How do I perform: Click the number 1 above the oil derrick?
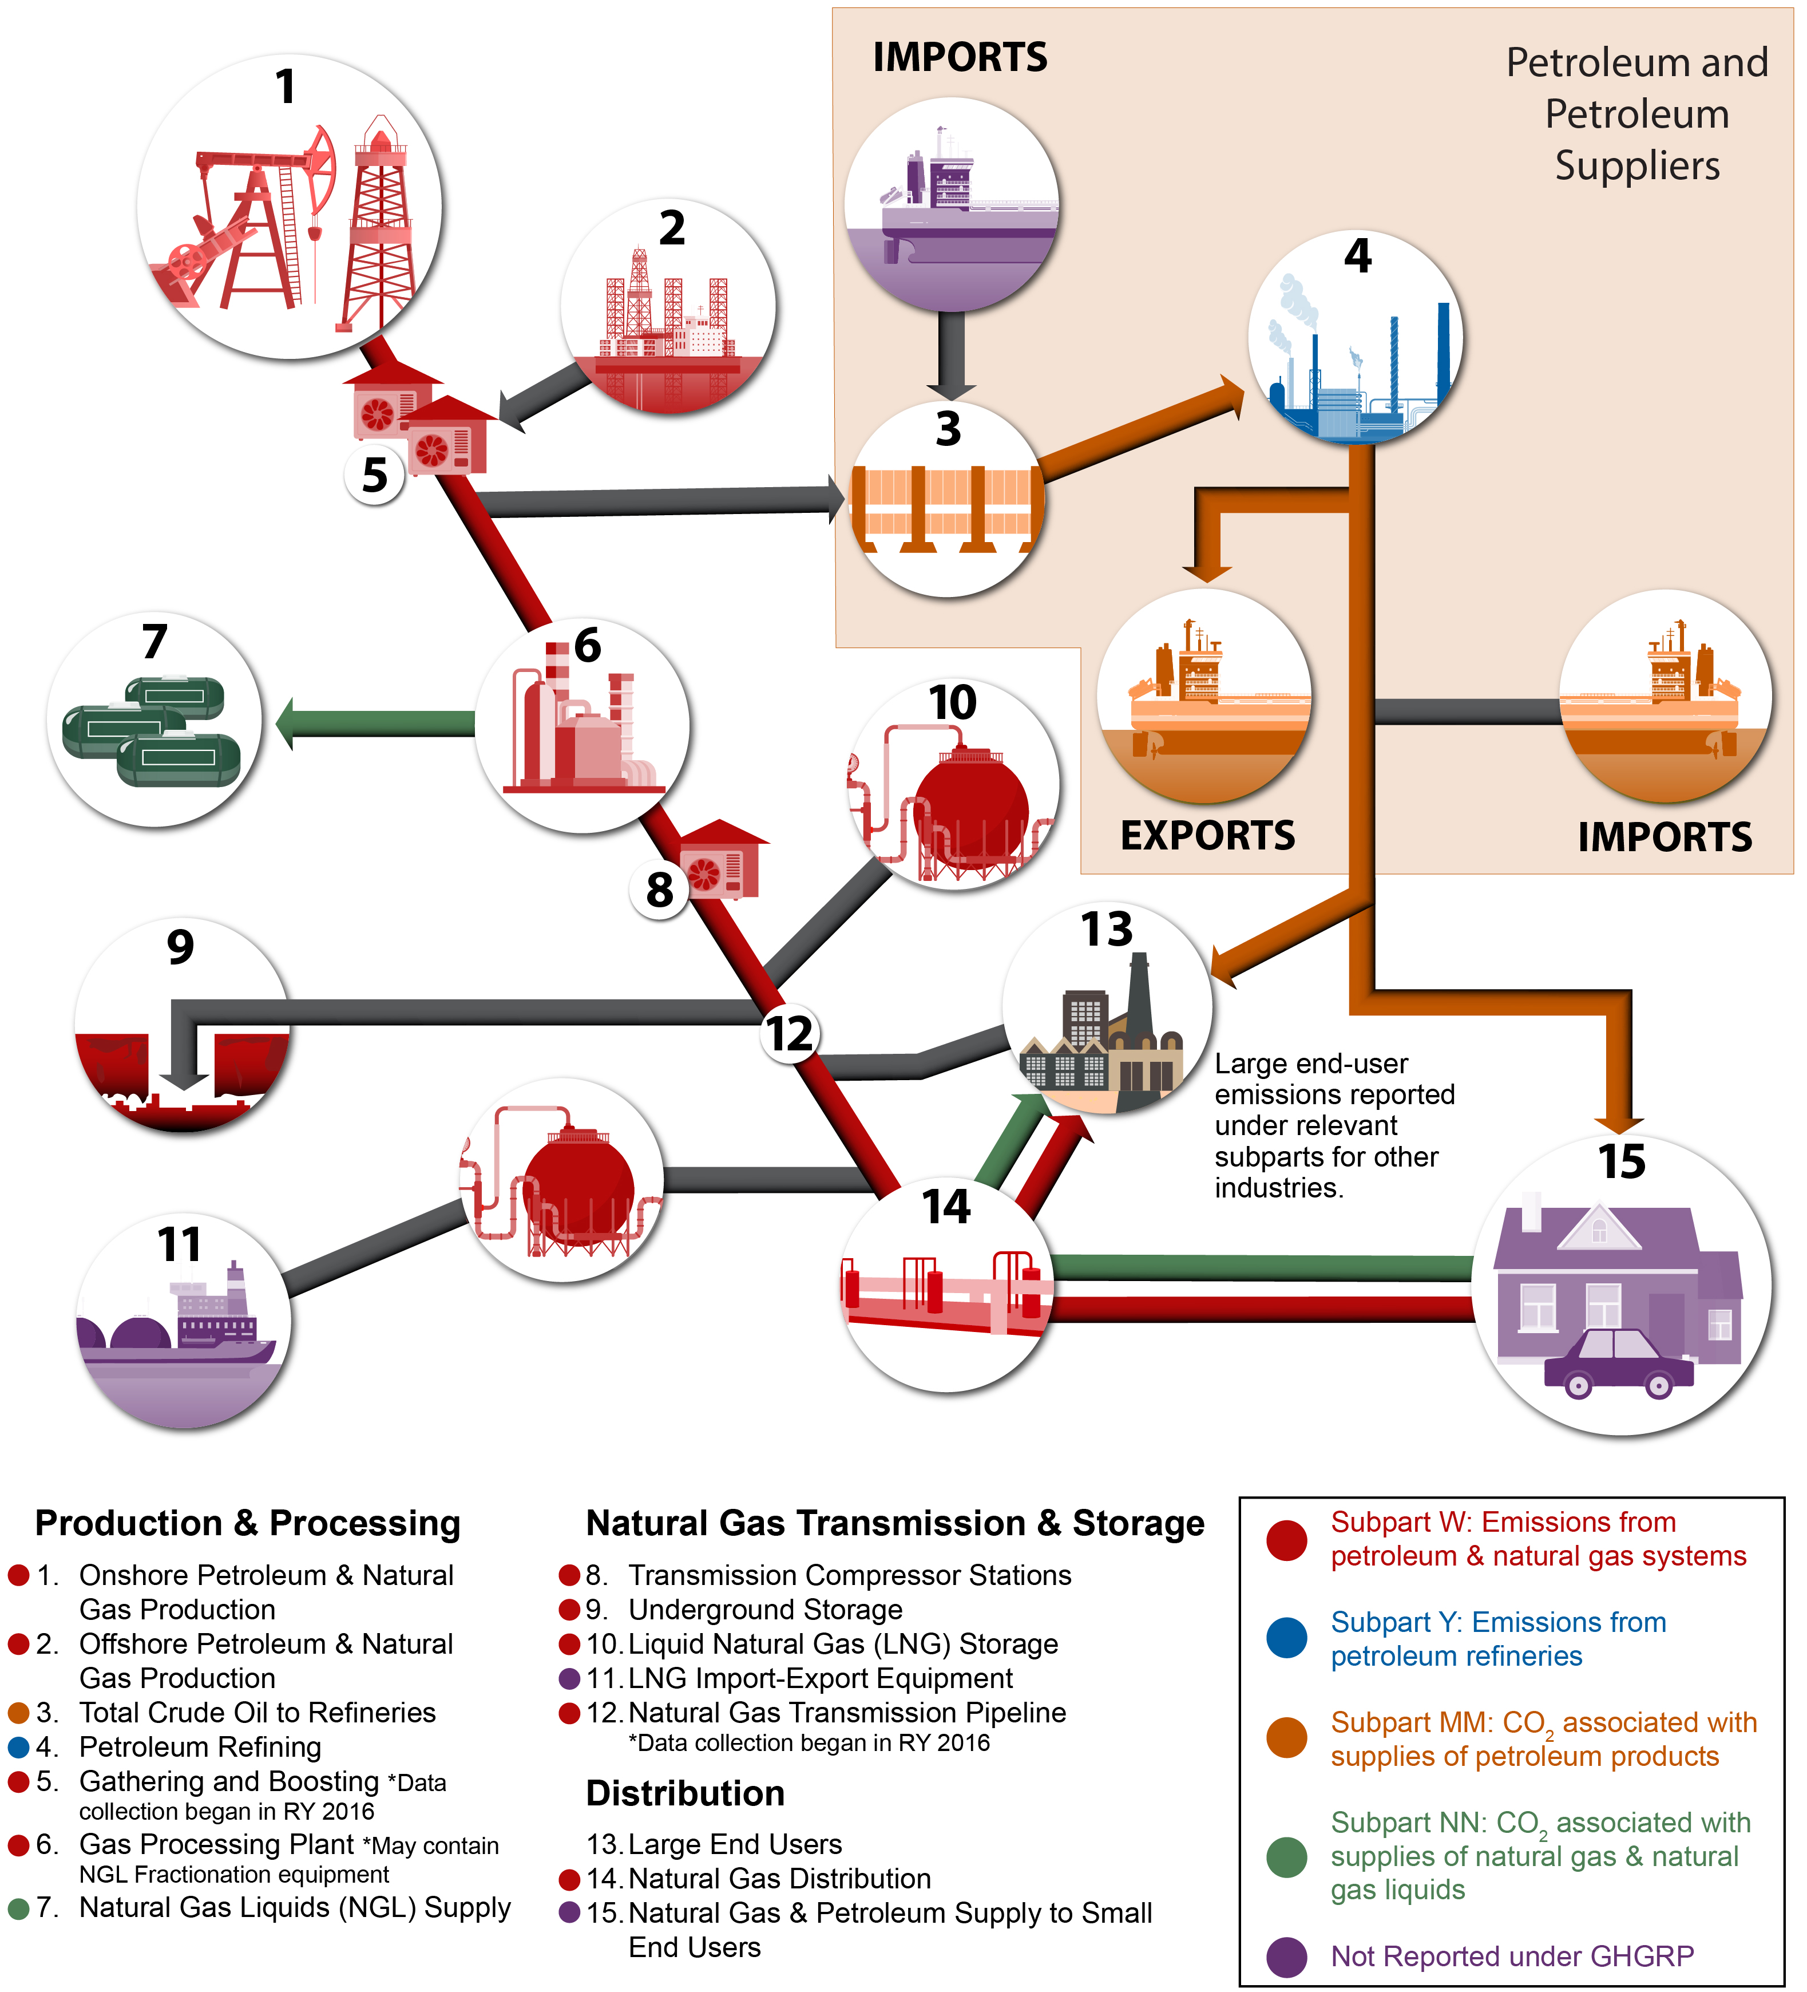tap(286, 87)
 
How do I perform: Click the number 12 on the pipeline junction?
tap(790, 1034)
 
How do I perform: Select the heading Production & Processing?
tap(247, 1523)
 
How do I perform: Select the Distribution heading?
tap(685, 1793)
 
